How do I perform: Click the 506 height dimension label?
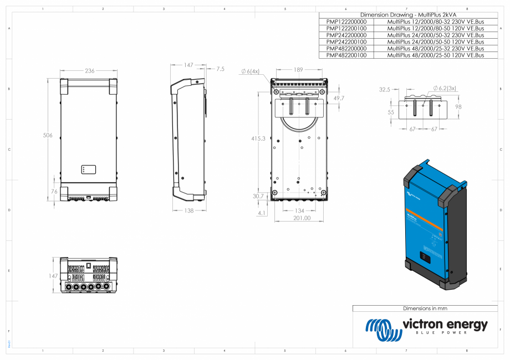coord(49,135)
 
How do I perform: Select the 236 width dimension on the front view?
coord(89,71)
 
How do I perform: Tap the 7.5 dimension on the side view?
coord(220,69)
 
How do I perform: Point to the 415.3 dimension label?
coord(258,138)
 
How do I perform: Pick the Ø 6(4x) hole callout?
coord(251,71)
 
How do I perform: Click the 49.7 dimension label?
coord(339,98)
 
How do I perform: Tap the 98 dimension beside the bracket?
coord(458,107)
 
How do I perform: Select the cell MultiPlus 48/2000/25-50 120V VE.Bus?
coord(435,55)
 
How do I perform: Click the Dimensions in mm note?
coord(425,308)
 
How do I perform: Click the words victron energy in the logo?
coord(445,324)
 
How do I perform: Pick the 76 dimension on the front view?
coord(54,192)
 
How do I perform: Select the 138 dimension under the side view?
coord(190,210)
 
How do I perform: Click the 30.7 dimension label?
coord(258,197)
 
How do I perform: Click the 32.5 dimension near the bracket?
coord(385,89)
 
